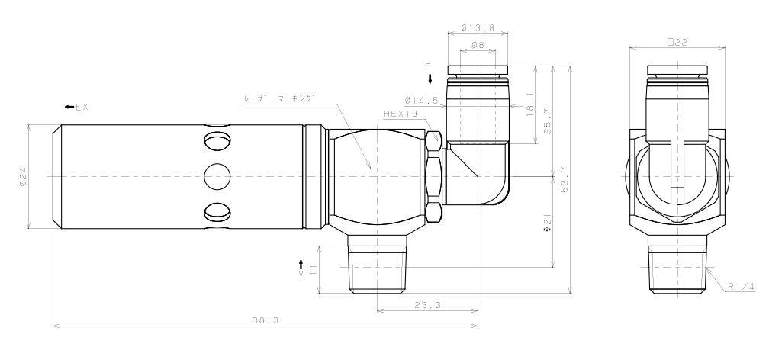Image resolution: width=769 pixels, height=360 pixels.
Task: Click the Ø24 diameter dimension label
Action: click(x=23, y=176)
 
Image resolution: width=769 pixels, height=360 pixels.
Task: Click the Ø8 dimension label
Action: click(x=478, y=46)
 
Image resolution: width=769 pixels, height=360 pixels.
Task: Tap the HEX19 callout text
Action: click(x=400, y=113)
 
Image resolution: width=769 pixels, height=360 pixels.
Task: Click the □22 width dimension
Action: click(x=677, y=43)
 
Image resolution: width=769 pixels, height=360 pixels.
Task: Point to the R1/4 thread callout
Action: click(x=739, y=287)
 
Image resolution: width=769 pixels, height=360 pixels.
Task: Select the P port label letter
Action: click(x=429, y=66)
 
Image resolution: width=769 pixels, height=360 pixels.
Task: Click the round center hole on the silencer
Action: click(x=217, y=176)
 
